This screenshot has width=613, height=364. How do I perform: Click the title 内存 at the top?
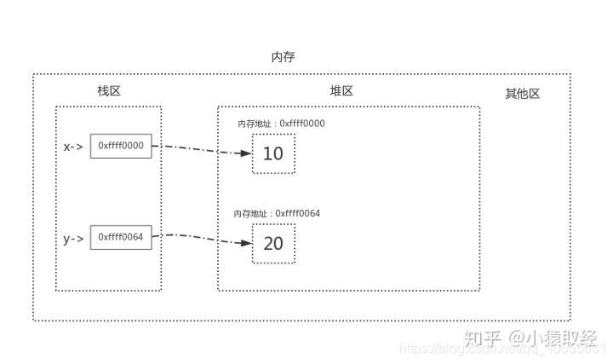click(284, 57)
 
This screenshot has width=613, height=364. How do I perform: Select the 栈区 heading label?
click(109, 91)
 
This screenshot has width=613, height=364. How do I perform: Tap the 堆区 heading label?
click(341, 91)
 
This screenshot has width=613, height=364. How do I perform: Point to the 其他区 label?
click(522, 94)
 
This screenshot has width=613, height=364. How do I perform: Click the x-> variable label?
click(73, 147)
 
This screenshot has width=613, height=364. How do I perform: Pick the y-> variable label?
click(73, 238)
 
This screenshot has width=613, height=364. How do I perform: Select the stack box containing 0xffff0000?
click(121, 146)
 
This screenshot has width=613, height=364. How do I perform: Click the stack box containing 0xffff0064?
click(121, 237)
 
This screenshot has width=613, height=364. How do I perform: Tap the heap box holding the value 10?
click(273, 154)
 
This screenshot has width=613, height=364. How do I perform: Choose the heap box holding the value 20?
click(273, 244)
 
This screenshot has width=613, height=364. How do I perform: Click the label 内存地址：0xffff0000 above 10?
click(281, 124)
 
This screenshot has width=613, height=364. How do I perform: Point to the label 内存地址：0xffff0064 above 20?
click(278, 213)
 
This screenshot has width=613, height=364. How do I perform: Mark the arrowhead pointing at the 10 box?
click(247, 154)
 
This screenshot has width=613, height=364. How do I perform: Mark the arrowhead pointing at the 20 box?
click(247, 244)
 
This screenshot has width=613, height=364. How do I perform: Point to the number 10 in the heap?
click(273, 154)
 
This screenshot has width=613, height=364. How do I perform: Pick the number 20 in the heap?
click(273, 244)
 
